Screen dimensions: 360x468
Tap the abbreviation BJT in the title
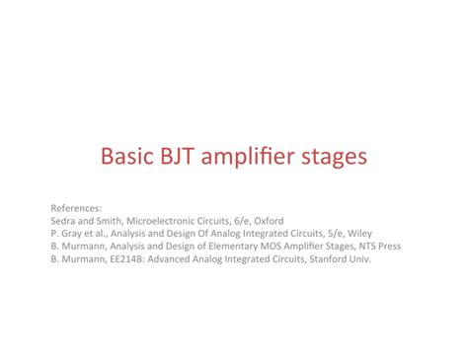tap(179, 157)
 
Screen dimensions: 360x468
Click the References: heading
tap(76, 209)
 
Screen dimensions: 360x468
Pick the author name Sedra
tap(62, 222)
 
